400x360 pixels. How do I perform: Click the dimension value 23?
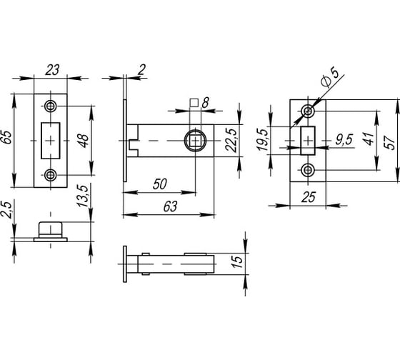(52, 70)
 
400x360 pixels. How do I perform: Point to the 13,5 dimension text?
(83, 196)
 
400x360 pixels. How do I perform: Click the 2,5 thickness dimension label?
(6, 210)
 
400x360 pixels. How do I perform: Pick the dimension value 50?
(160, 184)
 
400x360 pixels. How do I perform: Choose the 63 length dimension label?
(170, 206)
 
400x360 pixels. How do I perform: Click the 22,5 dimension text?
(231, 140)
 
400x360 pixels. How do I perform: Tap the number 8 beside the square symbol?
(205, 103)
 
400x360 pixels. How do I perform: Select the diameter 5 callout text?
(330, 77)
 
